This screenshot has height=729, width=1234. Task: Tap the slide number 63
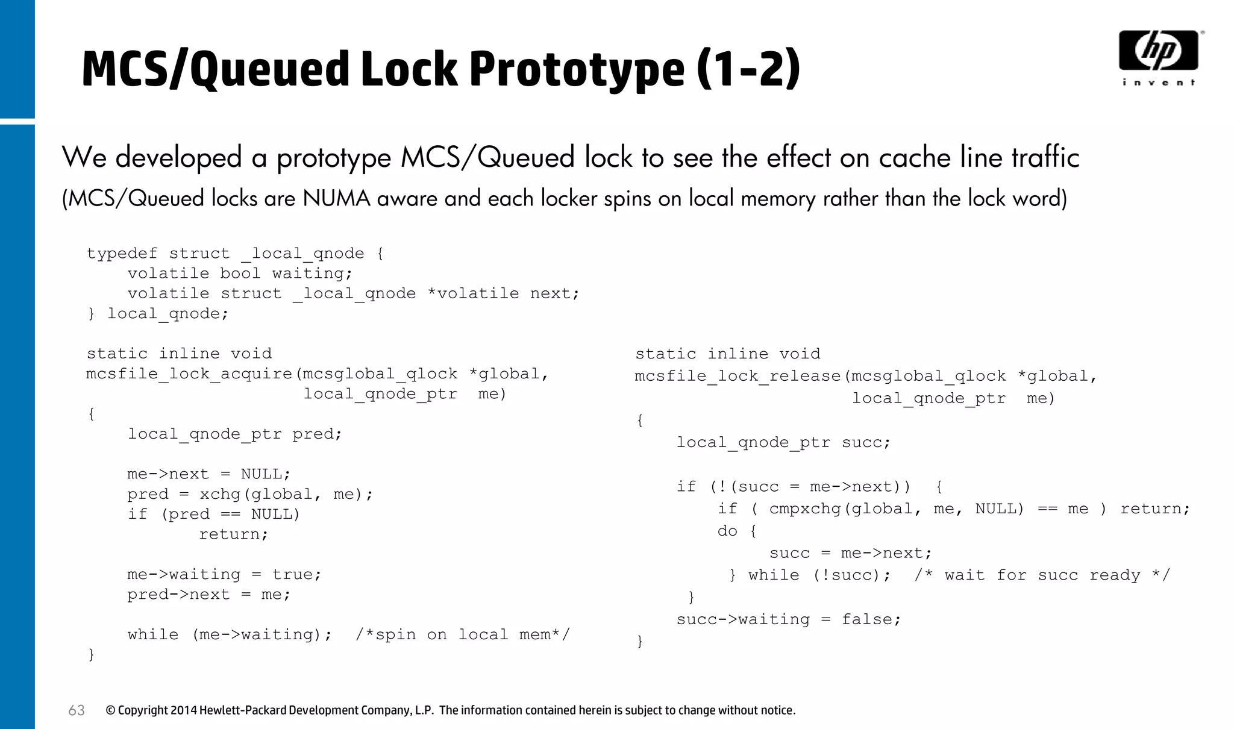tap(77, 710)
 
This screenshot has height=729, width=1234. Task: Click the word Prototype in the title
tap(577, 69)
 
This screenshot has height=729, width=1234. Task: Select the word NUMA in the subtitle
tap(336, 198)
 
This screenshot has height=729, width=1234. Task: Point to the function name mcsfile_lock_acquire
tap(189, 374)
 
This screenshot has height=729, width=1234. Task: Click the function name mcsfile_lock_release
tap(738, 377)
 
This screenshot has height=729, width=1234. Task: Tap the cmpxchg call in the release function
tap(805, 509)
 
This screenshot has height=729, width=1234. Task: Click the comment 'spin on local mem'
tap(462, 635)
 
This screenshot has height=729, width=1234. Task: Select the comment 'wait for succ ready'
tap(1042, 575)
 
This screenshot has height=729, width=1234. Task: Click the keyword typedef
tap(122, 254)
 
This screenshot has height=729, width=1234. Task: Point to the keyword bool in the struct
tap(240, 274)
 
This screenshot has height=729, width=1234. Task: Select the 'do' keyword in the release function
tap(727, 531)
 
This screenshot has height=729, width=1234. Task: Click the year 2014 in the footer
tap(184, 710)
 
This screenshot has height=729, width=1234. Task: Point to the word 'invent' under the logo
tap(1158, 83)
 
